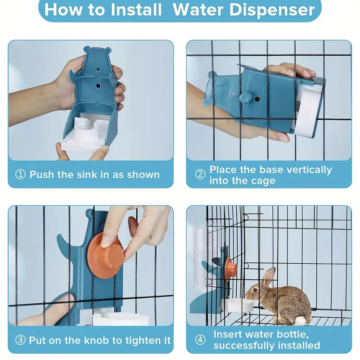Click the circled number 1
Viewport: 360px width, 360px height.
pos(21,175)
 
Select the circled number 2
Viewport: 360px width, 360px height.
pos(200,175)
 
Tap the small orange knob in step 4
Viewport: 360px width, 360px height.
pos(230,269)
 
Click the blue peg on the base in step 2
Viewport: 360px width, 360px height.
pos(245,97)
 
